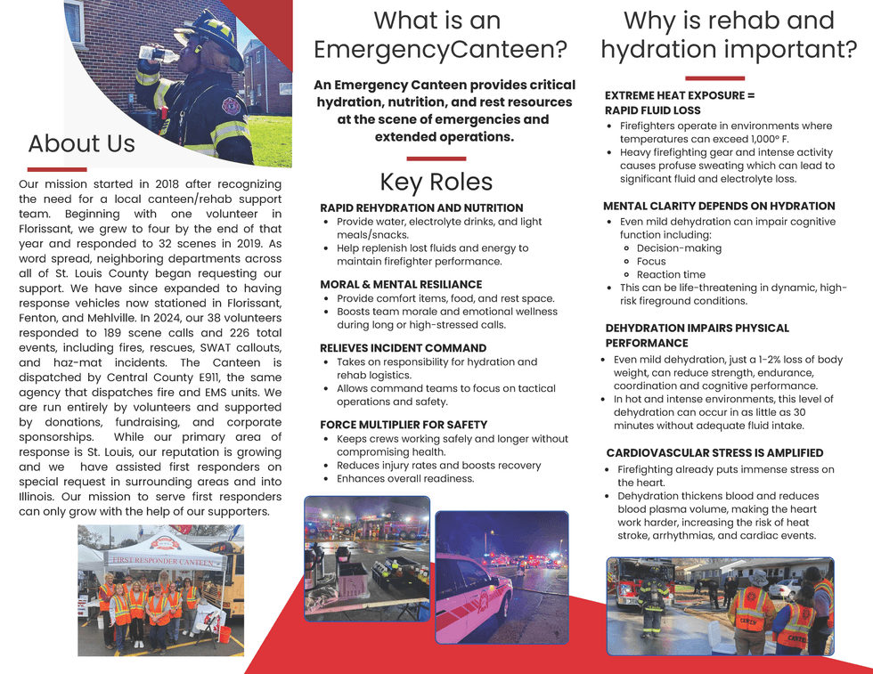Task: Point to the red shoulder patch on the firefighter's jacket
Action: click(x=233, y=106)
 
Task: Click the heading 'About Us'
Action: click(x=82, y=143)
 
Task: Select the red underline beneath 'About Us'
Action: click(x=56, y=168)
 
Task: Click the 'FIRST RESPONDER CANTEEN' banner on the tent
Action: click(x=163, y=562)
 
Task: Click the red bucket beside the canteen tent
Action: click(x=225, y=634)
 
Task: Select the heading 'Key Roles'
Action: click(x=436, y=183)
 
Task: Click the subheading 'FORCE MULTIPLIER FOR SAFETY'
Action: click(x=404, y=425)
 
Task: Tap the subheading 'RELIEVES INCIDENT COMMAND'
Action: click(x=402, y=347)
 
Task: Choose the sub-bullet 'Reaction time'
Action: click(x=671, y=274)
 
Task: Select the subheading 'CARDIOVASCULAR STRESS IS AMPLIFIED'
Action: click(x=714, y=453)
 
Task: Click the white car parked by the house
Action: click(x=784, y=589)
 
